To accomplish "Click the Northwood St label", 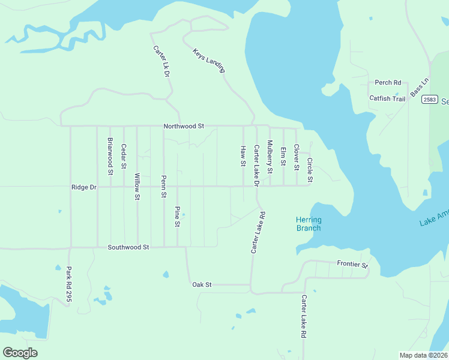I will (x=184, y=127).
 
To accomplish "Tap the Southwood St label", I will (x=128, y=247).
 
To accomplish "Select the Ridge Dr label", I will (x=84, y=187).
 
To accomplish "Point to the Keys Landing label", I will (x=208, y=61).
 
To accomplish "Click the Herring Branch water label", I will (x=309, y=224).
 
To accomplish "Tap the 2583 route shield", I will (x=429, y=99).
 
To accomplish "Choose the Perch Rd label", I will (x=388, y=83).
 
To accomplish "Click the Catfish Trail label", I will (x=387, y=98).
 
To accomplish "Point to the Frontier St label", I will (x=352, y=264).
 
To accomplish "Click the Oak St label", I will (x=202, y=284).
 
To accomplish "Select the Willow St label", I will (x=137, y=187).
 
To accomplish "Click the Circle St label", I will (x=310, y=171).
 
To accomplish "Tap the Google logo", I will (x=20, y=352).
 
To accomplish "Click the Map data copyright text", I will (x=423, y=355).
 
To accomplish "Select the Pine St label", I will (x=177, y=217).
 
